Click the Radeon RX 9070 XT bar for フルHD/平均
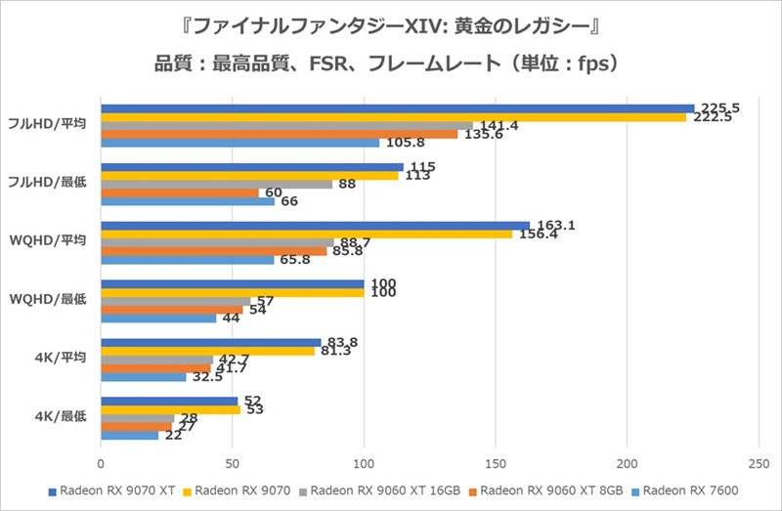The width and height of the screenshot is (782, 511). click(397, 108)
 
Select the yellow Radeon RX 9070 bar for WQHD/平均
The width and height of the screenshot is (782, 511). click(306, 234)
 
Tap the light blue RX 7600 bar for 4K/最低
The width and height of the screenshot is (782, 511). click(130, 435)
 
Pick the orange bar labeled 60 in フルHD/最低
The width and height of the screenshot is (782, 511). click(180, 192)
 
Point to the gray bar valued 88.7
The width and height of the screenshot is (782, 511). click(217, 242)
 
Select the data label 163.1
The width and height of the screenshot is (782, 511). click(556, 225)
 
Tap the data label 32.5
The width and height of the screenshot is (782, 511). click(208, 376)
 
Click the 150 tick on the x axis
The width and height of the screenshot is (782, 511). click(496, 465)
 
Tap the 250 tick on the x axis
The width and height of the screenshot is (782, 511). click(759, 465)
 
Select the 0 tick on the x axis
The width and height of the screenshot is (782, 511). click(101, 465)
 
